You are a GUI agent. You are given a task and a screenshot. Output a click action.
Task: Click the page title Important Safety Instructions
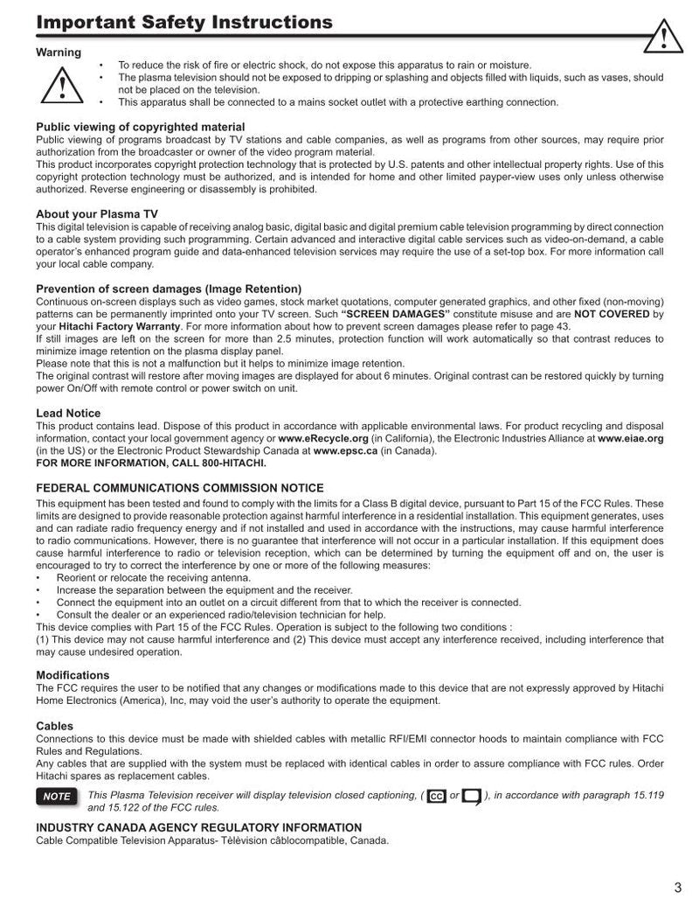tap(184, 22)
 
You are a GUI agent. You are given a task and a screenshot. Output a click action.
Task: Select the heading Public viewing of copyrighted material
tap(140, 127)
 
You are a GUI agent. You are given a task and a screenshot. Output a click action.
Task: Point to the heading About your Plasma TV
tap(97, 213)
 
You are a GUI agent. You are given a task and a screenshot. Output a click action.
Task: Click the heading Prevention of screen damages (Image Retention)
tap(169, 289)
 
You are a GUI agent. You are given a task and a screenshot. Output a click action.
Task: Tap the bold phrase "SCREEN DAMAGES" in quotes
tap(396, 314)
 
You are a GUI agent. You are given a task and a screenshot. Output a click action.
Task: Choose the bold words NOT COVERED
tap(612, 314)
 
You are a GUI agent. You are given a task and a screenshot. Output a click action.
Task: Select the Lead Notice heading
tap(68, 413)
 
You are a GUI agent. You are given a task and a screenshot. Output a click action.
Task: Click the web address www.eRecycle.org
tap(323, 438)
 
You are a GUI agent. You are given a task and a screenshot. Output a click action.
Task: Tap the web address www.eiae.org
tap(631, 438)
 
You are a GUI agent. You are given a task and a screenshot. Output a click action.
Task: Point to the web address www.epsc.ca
tap(345, 450)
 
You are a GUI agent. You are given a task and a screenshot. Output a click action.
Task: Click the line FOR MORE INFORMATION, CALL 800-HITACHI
tap(151, 463)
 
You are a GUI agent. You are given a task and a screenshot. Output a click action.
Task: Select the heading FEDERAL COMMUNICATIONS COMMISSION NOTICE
tap(180, 488)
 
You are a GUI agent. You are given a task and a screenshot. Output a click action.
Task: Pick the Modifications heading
tap(73, 675)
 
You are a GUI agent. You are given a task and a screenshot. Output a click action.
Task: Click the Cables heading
tap(54, 726)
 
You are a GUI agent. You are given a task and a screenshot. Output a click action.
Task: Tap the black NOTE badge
tap(57, 797)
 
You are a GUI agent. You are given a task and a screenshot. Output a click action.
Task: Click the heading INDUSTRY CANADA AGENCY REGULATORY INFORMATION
tap(198, 827)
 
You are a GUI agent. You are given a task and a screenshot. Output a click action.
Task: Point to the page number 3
tap(677, 887)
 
